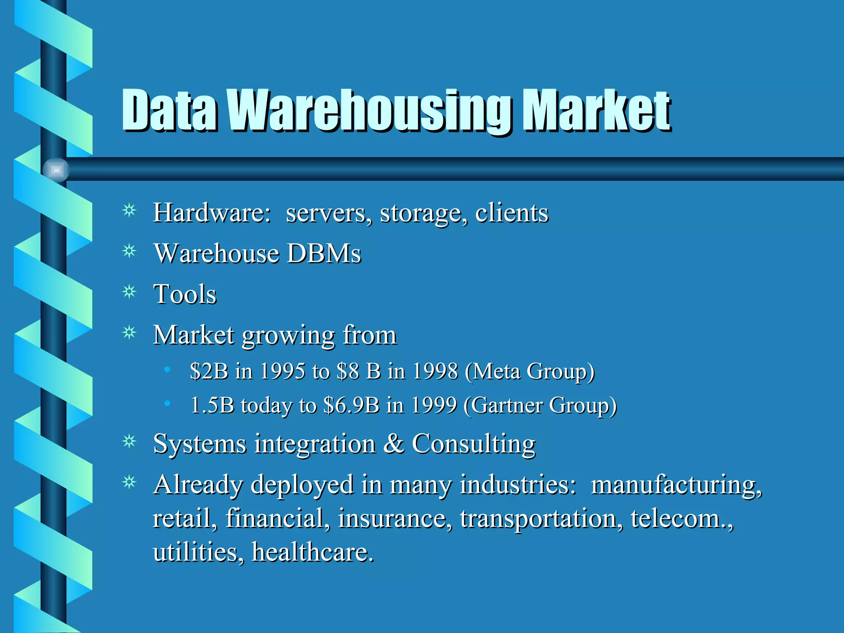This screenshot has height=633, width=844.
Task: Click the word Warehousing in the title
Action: (373, 110)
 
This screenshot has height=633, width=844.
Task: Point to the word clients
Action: (511, 213)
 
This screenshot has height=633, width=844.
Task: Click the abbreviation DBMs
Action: (324, 253)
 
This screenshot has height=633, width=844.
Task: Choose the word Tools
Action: (185, 294)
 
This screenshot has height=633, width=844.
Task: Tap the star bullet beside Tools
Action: (129, 292)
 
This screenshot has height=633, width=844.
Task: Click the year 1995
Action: (283, 371)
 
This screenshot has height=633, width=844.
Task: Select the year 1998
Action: (435, 371)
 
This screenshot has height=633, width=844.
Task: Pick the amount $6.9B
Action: (351, 405)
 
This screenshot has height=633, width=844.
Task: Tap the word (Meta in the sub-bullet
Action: (492, 371)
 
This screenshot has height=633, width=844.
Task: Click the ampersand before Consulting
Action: (394, 444)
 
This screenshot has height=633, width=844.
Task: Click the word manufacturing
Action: (676, 485)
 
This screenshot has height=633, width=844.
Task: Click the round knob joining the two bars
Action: (56, 169)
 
